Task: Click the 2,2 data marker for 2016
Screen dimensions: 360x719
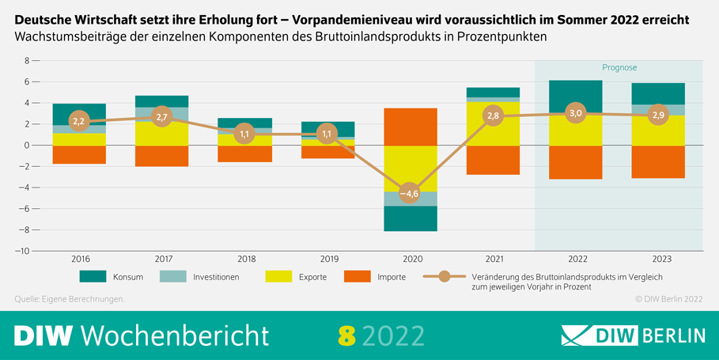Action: (x=78, y=122)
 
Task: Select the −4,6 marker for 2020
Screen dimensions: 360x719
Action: (x=409, y=193)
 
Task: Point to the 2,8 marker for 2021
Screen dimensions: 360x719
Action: (x=492, y=116)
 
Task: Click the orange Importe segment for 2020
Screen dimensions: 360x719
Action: (x=410, y=127)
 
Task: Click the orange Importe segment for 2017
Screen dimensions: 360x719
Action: (x=161, y=156)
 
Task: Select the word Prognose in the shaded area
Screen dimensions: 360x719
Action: (x=619, y=68)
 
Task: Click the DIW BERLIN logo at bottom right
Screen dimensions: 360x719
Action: (x=633, y=335)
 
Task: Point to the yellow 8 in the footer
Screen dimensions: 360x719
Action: (x=346, y=335)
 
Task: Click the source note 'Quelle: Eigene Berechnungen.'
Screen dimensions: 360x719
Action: (x=70, y=299)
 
